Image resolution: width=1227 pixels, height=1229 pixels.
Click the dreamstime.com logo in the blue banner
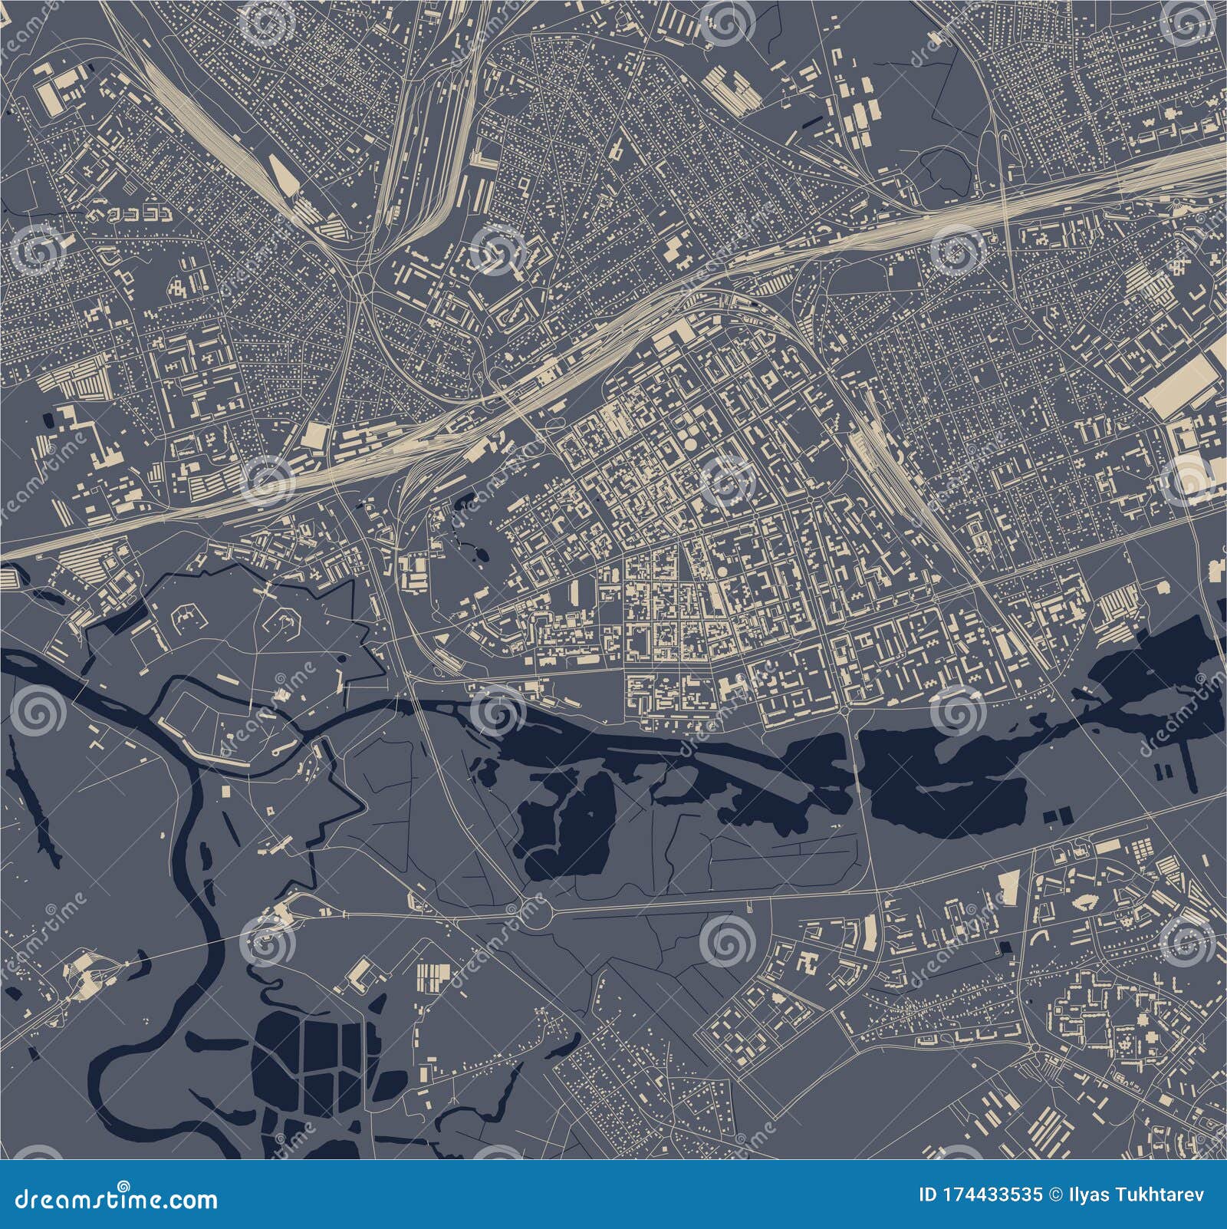coord(110,1198)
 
